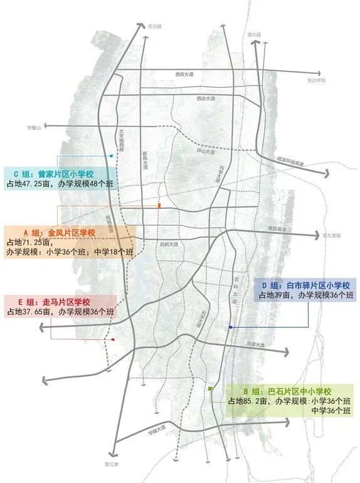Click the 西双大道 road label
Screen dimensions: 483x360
point(184,74)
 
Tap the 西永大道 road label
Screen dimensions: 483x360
point(205,99)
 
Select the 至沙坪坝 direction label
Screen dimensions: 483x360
point(316,81)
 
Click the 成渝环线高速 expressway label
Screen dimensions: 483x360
point(290,161)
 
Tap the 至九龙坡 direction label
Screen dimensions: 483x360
point(332,236)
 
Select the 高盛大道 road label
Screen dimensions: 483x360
point(256,344)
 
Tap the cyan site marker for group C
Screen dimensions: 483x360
point(111,156)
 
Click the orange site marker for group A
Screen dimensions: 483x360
point(160,206)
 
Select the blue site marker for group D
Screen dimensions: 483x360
point(230,327)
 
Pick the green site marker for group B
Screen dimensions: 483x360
point(210,390)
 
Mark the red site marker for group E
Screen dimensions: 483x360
point(113,339)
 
